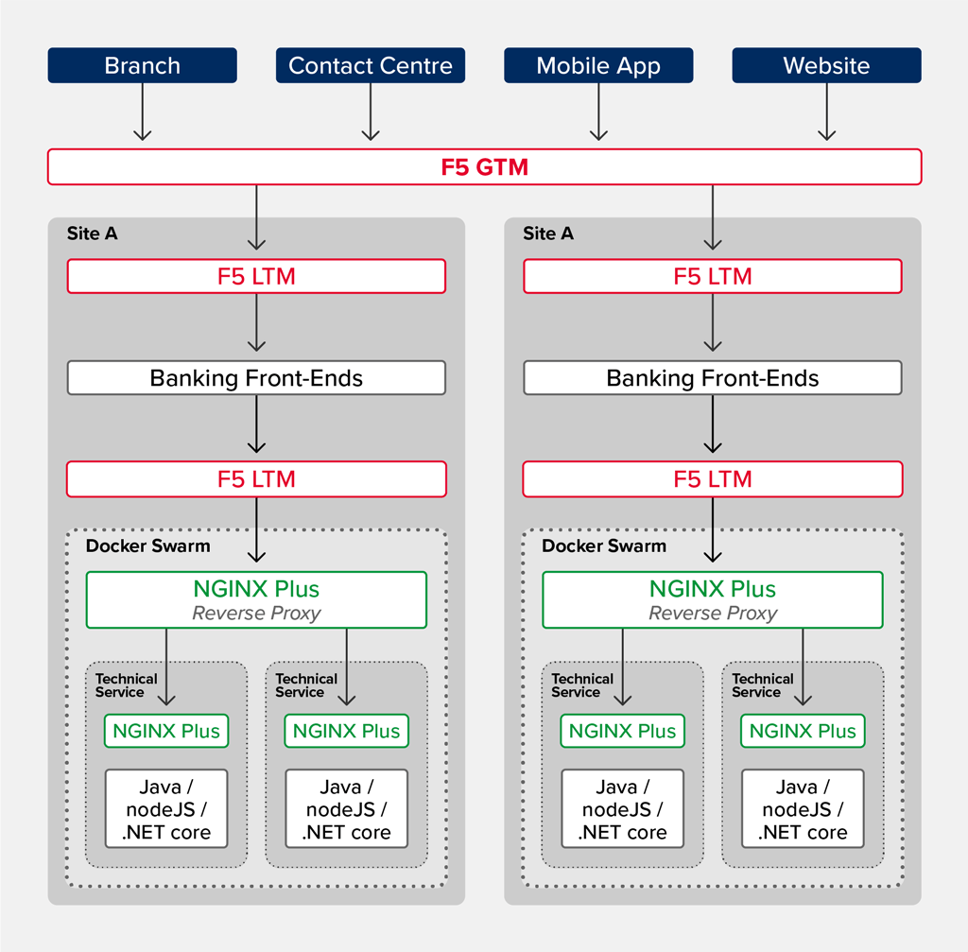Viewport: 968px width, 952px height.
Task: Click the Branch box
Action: click(x=142, y=65)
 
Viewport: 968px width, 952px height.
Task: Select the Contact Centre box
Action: click(x=371, y=65)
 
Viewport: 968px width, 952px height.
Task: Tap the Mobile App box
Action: click(x=598, y=65)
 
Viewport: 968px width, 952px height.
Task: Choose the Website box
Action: click(x=826, y=65)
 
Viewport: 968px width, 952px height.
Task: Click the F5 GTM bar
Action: click(x=485, y=166)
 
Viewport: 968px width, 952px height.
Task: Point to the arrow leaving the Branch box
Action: click(x=143, y=112)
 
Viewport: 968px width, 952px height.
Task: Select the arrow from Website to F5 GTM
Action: click(x=826, y=112)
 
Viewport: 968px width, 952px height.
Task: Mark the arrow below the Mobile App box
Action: click(x=598, y=112)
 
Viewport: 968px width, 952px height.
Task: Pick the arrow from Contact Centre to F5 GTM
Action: click(x=371, y=112)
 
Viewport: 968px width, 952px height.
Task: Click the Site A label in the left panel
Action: click(x=92, y=234)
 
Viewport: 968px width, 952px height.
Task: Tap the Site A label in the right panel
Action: click(x=548, y=234)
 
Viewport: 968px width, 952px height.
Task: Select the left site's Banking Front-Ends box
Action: click(x=256, y=378)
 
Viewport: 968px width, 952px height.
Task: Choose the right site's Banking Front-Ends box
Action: click(x=713, y=378)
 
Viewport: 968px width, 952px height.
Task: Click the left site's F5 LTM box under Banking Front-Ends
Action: click(x=256, y=479)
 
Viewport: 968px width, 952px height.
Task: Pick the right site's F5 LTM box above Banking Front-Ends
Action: click(x=713, y=276)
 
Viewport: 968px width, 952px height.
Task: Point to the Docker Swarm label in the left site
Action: click(x=148, y=545)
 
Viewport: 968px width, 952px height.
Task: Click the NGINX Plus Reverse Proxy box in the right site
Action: click(x=713, y=600)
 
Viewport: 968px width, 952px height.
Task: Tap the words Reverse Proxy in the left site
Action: click(x=256, y=613)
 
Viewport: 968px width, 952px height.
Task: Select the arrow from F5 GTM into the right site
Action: click(x=713, y=217)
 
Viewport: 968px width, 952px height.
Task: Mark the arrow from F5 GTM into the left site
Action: click(x=257, y=217)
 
